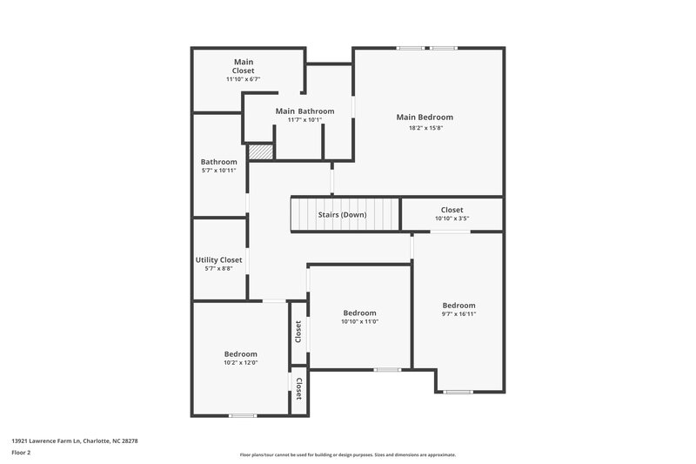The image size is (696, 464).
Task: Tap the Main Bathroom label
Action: (304, 111)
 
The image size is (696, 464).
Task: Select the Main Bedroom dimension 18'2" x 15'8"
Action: (425, 128)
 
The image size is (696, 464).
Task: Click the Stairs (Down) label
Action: (342, 214)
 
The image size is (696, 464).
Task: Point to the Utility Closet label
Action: (218, 259)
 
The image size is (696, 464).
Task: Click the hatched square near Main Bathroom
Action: (261, 151)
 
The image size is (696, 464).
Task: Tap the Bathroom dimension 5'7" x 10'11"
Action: (218, 171)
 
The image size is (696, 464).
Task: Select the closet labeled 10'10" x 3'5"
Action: (452, 214)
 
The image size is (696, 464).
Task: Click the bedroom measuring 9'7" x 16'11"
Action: (458, 309)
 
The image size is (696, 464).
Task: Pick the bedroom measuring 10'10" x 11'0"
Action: (359, 317)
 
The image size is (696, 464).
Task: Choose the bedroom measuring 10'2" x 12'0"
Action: (240, 358)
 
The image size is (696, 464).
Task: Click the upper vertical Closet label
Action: (298, 332)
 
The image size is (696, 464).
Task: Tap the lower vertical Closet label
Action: (298, 389)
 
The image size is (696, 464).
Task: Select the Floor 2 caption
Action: (22, 453)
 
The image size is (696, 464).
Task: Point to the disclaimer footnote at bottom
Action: (347, 454)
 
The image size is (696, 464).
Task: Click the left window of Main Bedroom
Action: (410, 48)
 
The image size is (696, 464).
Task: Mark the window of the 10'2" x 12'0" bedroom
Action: (242, 416)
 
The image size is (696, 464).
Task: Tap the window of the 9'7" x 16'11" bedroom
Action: (458, 392)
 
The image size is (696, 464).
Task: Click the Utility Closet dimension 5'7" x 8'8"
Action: (218, 269)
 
